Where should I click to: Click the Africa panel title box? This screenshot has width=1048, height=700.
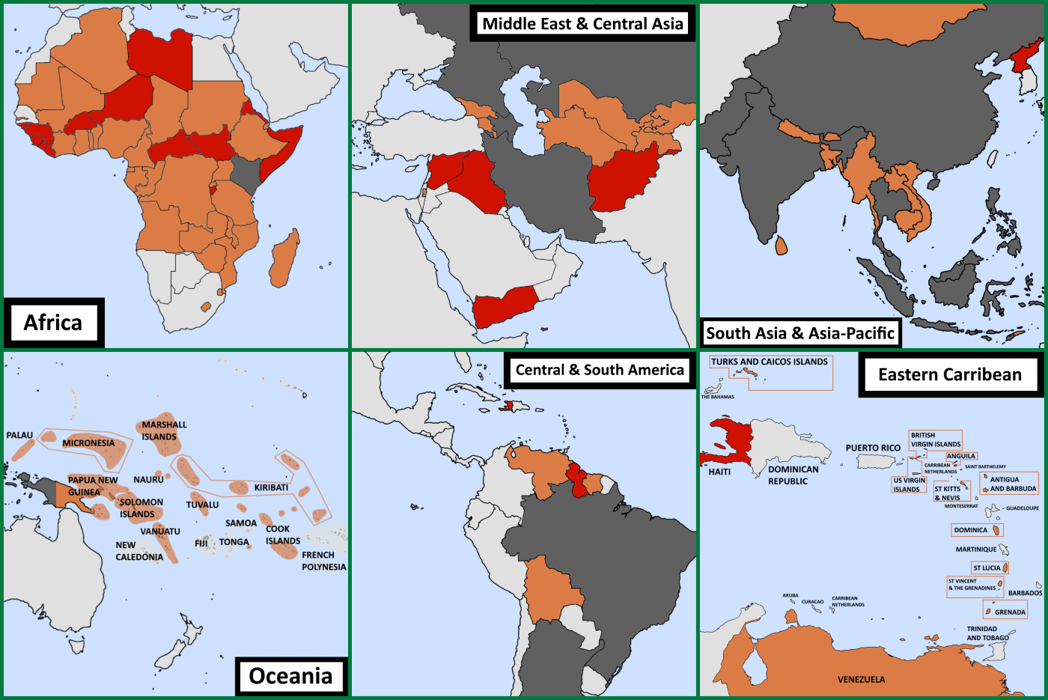point(52,323)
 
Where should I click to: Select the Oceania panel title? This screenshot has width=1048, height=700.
point(290,676)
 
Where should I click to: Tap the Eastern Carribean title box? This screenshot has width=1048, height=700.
point(949,374)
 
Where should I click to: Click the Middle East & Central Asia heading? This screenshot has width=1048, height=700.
point(582,23)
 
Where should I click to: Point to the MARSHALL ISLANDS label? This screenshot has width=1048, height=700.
point(164,430)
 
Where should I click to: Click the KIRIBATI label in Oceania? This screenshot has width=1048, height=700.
point(271,487)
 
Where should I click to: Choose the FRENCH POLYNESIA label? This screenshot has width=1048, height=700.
point(323,561)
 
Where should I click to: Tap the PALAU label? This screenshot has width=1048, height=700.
point(19,435)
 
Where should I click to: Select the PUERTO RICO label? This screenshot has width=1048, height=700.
point(873,448)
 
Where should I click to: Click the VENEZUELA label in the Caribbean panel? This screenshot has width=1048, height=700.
point(861,680)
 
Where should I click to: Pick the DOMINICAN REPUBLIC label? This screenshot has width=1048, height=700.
point(793,475)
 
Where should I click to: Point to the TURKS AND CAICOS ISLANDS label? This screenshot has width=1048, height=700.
point(770,362)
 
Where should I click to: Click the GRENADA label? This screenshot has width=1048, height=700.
point(1010,612)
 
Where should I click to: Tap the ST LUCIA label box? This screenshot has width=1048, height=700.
point(987,568)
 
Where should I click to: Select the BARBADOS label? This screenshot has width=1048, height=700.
point(1025,593)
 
